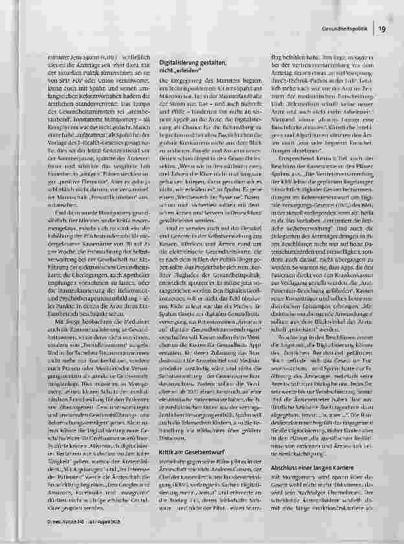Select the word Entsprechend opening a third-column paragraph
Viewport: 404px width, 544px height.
[x=293, y=175]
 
